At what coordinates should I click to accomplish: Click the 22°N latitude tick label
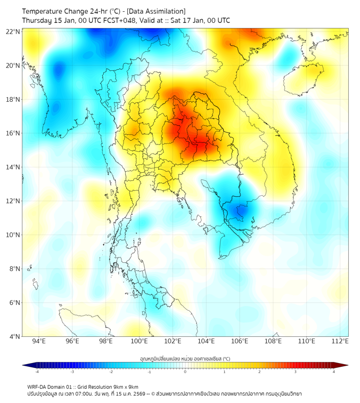(x=13, y=31)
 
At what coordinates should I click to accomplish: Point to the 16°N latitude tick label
(x=13, y=133)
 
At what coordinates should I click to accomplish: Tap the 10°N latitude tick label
(x=13, y=235)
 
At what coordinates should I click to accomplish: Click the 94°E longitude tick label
(x=39, y=341)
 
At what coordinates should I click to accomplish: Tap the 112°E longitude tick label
(x=340, y=341)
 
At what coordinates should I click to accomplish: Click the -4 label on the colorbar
(x=37, y=372)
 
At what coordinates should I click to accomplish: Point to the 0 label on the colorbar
(x=185, y=372)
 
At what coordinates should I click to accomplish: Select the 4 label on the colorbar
(x=333, y=372)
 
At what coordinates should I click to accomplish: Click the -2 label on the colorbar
(x=111, y=372)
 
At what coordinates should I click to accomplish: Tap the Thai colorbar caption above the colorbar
(x=185, y=359)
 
